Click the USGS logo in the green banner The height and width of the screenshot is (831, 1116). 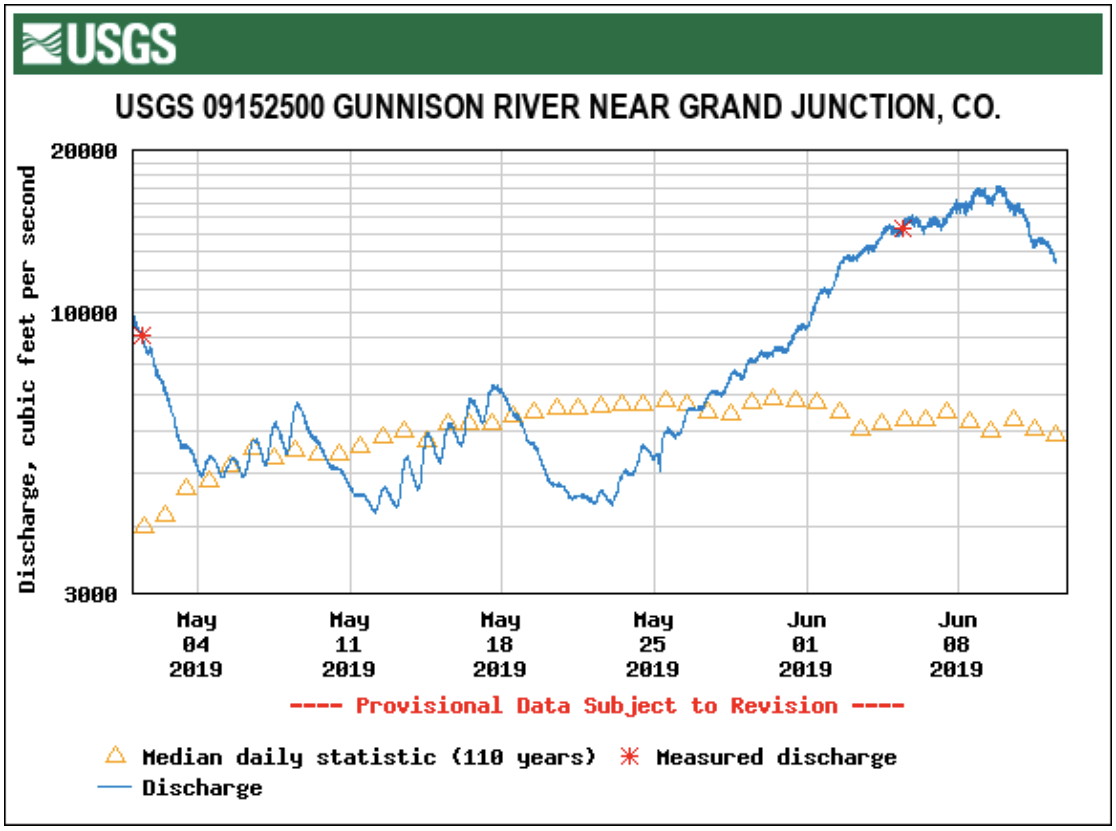coord(99,43)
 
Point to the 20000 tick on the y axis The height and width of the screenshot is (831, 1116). coord(84,152)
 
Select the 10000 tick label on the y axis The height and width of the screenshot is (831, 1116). coord(84,314)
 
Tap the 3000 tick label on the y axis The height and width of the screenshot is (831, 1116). coord(90,595)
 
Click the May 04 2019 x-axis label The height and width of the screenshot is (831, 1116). coord(196,644)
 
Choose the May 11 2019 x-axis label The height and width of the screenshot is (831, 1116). coord(349,644)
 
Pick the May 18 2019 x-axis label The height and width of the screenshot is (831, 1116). coord(500,644)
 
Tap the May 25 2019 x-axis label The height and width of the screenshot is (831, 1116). coord(653,644)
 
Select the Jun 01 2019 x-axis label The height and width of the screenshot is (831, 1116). coord(806,644)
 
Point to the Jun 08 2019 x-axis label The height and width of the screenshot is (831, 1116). coord(957,644)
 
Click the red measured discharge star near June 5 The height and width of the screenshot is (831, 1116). coord(901,228)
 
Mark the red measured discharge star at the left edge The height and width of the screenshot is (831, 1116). coord(143,335)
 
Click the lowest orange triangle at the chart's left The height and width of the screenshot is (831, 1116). coord(144,526)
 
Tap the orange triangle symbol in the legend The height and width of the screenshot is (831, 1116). coord(115,756)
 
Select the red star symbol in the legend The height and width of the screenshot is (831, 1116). coord(629,756)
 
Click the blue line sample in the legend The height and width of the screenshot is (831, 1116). coord(115,788)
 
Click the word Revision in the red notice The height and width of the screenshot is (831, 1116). coord(783,706)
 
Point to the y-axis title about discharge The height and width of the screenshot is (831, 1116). coord(27,379)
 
